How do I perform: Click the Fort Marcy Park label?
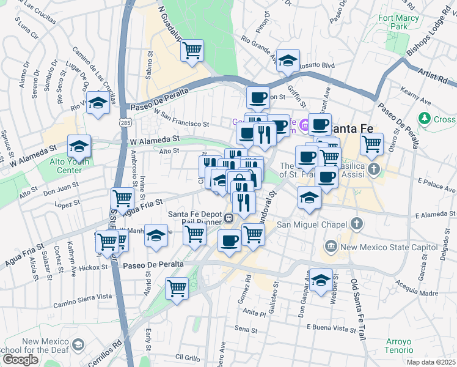coord(401,23)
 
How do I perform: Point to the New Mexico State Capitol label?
coord(378,247)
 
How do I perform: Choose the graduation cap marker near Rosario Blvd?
coord(288,61)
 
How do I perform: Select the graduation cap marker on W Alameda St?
coord(79,146)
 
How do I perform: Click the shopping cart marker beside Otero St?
coord(371,144)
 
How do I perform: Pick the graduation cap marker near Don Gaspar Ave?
coord(321,280)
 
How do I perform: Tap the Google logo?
coord(20,360)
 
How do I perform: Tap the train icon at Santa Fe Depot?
coord(228,217)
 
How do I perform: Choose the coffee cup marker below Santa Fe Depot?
coord(229,240)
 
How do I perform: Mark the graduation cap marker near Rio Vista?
coord(97,102)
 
